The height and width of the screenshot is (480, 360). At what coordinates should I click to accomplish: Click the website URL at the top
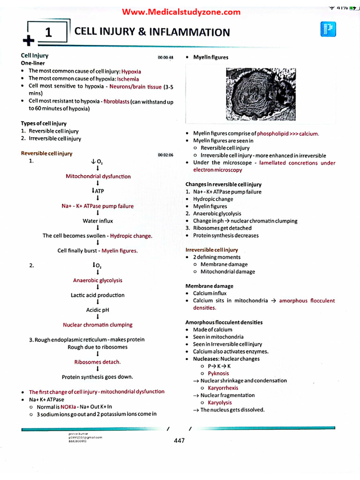click(x=181, y=12)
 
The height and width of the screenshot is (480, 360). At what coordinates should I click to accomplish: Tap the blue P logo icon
click(x=328, y=30)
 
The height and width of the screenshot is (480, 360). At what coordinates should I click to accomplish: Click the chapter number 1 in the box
click(x=48, y=33)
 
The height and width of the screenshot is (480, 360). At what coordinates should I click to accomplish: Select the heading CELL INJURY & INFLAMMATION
click(x=152, y=32)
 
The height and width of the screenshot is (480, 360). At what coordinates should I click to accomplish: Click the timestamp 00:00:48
click(x=165, y=57)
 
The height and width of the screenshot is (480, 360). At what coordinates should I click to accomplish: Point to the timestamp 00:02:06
click(x=165, y=155)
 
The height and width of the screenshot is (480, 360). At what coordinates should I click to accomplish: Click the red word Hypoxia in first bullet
click(x=131, y=72)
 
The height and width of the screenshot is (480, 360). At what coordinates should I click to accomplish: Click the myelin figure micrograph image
click(x=261, y=94)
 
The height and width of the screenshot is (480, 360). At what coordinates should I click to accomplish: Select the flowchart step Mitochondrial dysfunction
click(x=98, y=177)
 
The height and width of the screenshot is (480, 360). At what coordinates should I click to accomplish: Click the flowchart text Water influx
click(x=97, y=221)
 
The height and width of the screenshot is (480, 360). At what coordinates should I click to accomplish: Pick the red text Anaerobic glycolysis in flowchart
click(x=97, y=280)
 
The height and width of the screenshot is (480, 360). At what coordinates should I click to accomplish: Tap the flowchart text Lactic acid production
click(x=97, y=295)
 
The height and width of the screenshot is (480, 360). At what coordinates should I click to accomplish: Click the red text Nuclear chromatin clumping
click(x=97, y=325)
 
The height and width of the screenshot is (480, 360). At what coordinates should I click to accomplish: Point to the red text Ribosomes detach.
click(x=97, y=362)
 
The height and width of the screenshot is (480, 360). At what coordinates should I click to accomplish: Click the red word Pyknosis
click(x=218, y=374)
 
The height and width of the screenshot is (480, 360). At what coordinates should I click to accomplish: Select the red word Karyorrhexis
click(x=223, y=388)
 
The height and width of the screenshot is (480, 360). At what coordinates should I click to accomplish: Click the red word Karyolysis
click(x=220, y=403)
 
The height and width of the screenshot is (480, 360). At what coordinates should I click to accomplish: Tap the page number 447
click(x=179, y=440)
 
